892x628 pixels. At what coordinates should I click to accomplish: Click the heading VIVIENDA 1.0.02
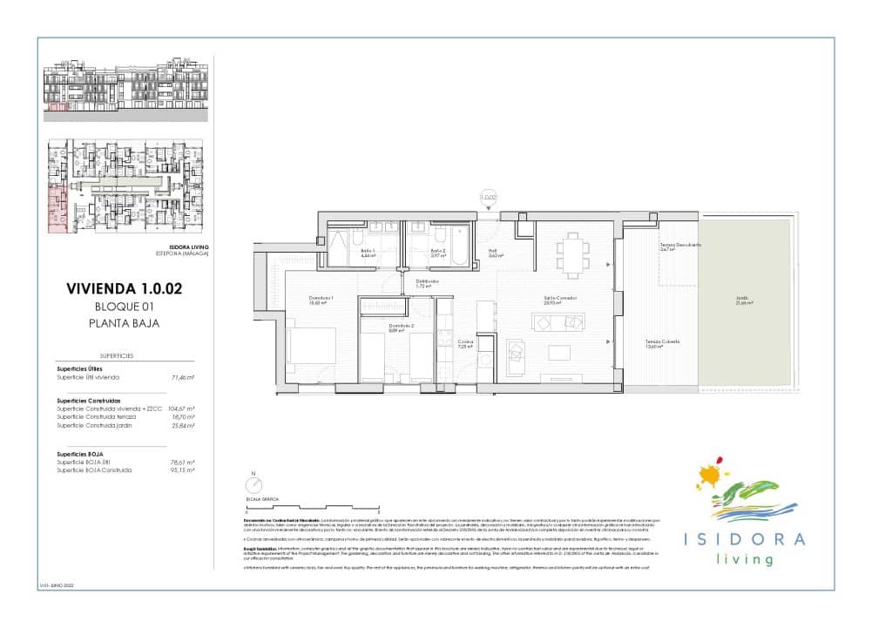click(x=124, y=289)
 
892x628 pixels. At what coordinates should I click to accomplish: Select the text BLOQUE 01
click(x=124, y=306)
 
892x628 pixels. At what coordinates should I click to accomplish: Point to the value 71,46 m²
click(x=181, y=377)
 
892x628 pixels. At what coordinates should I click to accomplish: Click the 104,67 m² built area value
click(x=181, y=409)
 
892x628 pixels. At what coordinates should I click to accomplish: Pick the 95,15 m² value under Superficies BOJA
click(x=181, y=470)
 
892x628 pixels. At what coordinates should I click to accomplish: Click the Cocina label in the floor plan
click(x=465, y=343)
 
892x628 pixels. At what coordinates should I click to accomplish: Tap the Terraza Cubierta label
click(x=662, y=342)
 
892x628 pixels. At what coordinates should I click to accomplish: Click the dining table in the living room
click(x=572, y=253)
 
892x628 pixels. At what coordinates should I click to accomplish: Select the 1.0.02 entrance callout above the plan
click(x=489, y=198)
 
